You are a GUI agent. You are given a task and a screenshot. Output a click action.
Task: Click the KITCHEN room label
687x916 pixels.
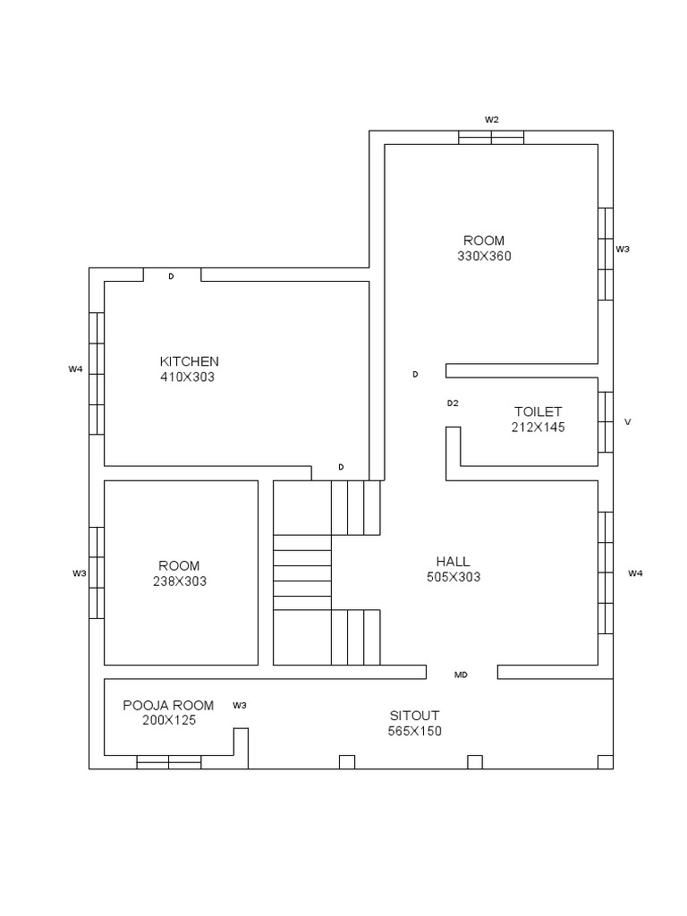[x=190, y=361]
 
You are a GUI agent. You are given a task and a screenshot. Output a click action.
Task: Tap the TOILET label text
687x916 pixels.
[x=538, y=411]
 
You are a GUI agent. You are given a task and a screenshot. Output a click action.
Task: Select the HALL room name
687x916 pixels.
[x=453, y=562]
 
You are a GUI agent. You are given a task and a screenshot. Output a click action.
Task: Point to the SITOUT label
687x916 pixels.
[x=414, y=716]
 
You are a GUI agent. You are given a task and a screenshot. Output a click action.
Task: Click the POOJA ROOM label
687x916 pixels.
[x=168, y=706]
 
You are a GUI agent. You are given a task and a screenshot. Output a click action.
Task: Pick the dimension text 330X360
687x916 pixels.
[x=484, y=256]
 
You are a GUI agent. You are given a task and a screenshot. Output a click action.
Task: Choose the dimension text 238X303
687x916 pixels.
[x=180, y=581]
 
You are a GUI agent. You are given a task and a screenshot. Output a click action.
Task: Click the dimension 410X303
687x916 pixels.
[x=188, y=377]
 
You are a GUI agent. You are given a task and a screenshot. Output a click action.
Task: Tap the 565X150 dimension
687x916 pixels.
[x=415, y=732]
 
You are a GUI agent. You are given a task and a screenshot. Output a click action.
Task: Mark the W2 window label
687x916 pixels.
[x=492, y=120]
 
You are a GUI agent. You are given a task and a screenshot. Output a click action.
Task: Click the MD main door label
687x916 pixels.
[x=461, y=675]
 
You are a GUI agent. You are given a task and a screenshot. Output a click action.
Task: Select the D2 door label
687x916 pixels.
[x=453, y=403]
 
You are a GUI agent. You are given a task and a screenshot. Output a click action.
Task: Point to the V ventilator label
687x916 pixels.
[x=628, y=422]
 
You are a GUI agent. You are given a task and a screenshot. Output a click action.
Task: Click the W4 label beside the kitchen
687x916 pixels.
[x=75, y=369]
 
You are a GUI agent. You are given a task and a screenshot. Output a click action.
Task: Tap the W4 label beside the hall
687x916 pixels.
[x=636, y=573]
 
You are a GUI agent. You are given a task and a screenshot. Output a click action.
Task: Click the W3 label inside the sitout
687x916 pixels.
[x=240, y=706]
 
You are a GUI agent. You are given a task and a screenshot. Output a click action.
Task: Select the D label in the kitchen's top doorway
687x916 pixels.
[x=171, y=276]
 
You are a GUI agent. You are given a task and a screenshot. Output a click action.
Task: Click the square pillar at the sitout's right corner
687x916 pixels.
[x=606, y=762]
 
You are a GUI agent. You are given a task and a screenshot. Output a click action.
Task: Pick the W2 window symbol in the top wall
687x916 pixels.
[x=491, y=137]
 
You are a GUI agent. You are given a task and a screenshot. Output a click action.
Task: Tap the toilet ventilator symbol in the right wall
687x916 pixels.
[x=606, y=422]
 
